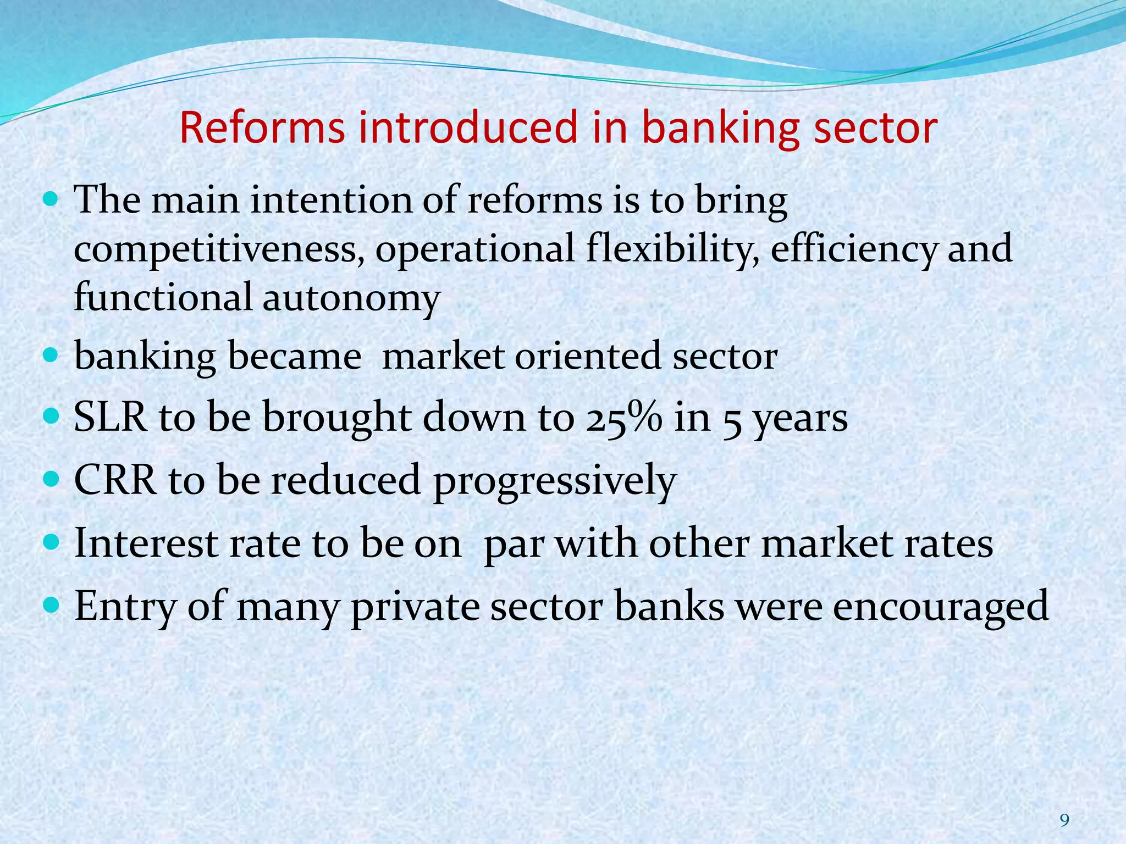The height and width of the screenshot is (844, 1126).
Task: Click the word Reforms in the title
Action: point(262,127)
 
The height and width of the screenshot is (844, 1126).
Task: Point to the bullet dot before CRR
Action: point(51,479)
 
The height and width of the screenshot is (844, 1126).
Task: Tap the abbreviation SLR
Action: point(111,417)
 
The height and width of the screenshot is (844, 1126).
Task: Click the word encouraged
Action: point(941,607)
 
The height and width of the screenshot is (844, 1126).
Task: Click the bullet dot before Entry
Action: point(51,605)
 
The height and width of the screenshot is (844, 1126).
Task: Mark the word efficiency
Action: point(853,248)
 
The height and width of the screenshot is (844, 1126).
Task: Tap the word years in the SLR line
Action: point(801,419)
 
